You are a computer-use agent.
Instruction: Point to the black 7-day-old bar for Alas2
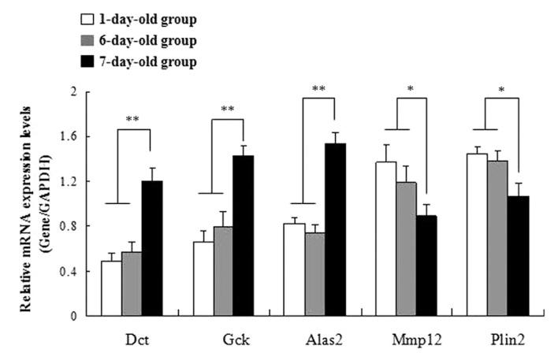[340, 229]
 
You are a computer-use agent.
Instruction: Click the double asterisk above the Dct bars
[132, 120]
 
